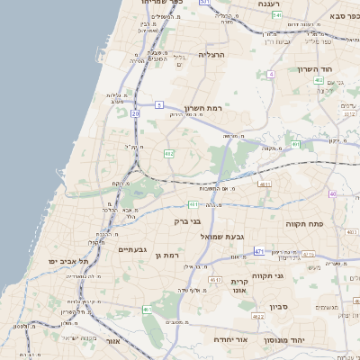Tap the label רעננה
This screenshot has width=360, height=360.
pyautogui.click(x=268, y=4)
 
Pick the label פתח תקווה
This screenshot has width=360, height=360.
pyautogui.click(x=304, y=222)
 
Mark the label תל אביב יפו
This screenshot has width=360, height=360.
pyautogui.click(x=71, y=260)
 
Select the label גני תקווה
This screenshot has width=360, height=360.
pyautogui.click(x=268, y=275)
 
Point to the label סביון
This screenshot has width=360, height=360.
pyautogui.click(x=277, y=307)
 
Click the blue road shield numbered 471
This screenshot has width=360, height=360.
pyautogui.click(x=259, y=251)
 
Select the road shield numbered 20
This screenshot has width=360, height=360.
pyautogui.click(x=135, y=114)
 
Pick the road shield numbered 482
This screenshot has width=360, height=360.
pyautogui.click(x=169, y=154)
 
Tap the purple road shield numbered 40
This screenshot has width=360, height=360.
pyautogui.click(x=333, y=193)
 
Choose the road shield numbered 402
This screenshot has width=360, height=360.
pyautogui.click(x=319, y=80)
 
